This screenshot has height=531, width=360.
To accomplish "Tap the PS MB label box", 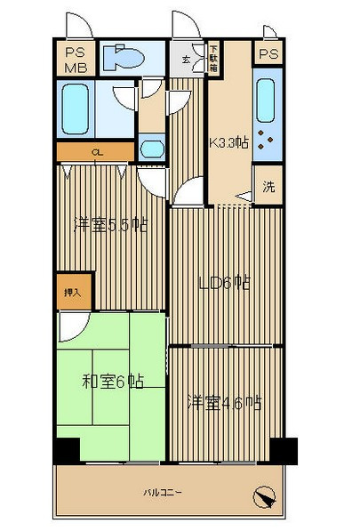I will [x=74, y=59].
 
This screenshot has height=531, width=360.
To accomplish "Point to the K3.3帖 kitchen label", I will [x=228, y=141].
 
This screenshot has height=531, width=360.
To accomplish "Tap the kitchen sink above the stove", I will [x=266, y=101].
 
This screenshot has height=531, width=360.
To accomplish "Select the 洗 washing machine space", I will [x=268, y=188].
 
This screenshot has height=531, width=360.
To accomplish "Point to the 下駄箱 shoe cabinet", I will [x=214, y=59].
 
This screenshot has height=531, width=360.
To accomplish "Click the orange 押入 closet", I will [x=73, y=291].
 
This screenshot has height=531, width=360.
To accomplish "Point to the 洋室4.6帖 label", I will [x=222, y=402].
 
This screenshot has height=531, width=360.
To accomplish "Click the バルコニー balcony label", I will [x=163, y=491].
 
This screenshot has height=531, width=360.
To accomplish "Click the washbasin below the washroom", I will [x=151, y=148].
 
